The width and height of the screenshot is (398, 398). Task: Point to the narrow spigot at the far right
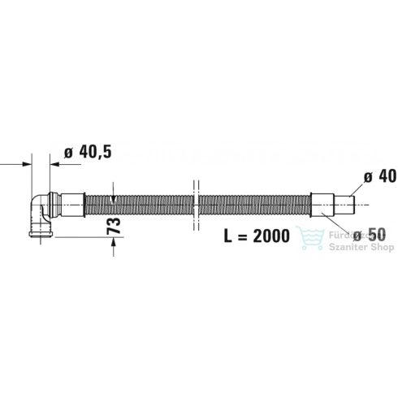pyautogui.click(x=345, y=203)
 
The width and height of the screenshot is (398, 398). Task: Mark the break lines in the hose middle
pyautogui.click(x=194, y=203)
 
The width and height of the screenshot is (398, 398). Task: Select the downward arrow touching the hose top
pyautogui.click(x=114, y=193)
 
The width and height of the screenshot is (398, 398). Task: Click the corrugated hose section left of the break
pyautogui.click(x=138, y=203)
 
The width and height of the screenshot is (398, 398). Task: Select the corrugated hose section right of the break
pyautogui.click(x=252, y=203)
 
